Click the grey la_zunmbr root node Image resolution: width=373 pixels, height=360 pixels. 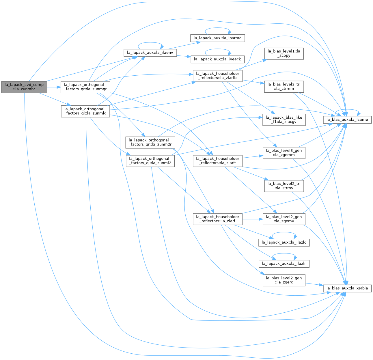pyautogui.click(x=24, y=87)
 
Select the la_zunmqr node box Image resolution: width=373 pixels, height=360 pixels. pyautogui.click(x=85, y=87)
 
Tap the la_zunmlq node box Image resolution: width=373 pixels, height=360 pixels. pyautogui.click(x=85, y=111)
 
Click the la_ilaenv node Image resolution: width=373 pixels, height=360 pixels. pyautogui.click(x=150, y=53)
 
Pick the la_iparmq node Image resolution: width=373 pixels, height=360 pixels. pyautogui.click(x=217, y=38)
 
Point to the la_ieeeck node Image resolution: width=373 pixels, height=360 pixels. pyautogui.click(x=217, y=59)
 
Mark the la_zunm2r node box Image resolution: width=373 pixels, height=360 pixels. pyautogui.click(x=150, y=142)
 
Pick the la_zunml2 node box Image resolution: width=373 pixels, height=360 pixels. pyautogui.click(x=150, y=161)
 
